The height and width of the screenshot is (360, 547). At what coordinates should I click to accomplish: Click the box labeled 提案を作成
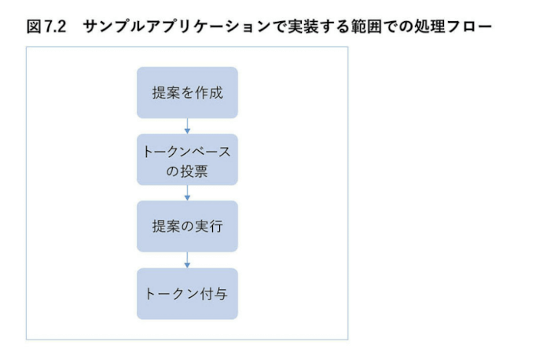click(187, 93)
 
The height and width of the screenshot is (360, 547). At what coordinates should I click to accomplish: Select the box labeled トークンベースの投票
click(187, 160)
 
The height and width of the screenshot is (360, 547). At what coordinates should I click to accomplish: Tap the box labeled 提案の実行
click(187, 226)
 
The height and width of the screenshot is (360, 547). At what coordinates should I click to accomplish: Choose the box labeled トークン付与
click(187, 293)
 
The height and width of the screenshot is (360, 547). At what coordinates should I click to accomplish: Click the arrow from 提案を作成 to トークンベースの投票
click(187, 126)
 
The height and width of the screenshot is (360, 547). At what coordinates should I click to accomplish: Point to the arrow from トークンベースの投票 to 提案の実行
click(187, 193)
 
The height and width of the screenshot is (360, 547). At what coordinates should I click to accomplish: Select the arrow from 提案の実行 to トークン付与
click(187, 260)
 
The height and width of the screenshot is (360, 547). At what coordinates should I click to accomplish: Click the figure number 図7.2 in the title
click(45, 27)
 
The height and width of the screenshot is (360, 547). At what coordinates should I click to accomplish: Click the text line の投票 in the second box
click(187, 170)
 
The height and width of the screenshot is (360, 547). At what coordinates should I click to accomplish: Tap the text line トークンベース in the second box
click(187, 151)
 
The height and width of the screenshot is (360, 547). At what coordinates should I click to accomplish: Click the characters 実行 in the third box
click(208, 227)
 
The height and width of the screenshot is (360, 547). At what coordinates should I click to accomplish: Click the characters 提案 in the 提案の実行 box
click(165, 227)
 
